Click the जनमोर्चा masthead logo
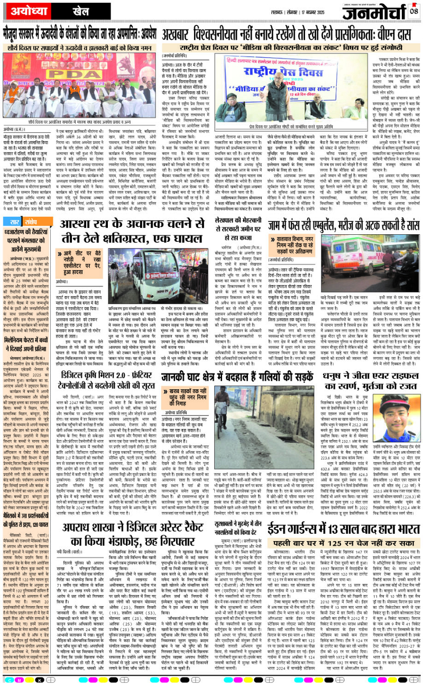[372, 12]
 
